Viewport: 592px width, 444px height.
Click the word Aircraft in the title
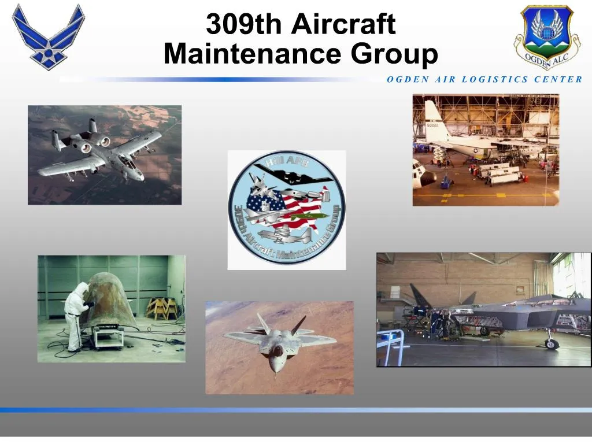click(x=343, y=24)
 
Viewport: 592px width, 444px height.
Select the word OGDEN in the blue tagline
click(x=406, y=80)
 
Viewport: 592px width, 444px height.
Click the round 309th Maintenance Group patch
click(x=287, y=210)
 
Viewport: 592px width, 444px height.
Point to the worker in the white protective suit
click(x=77, y=315)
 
